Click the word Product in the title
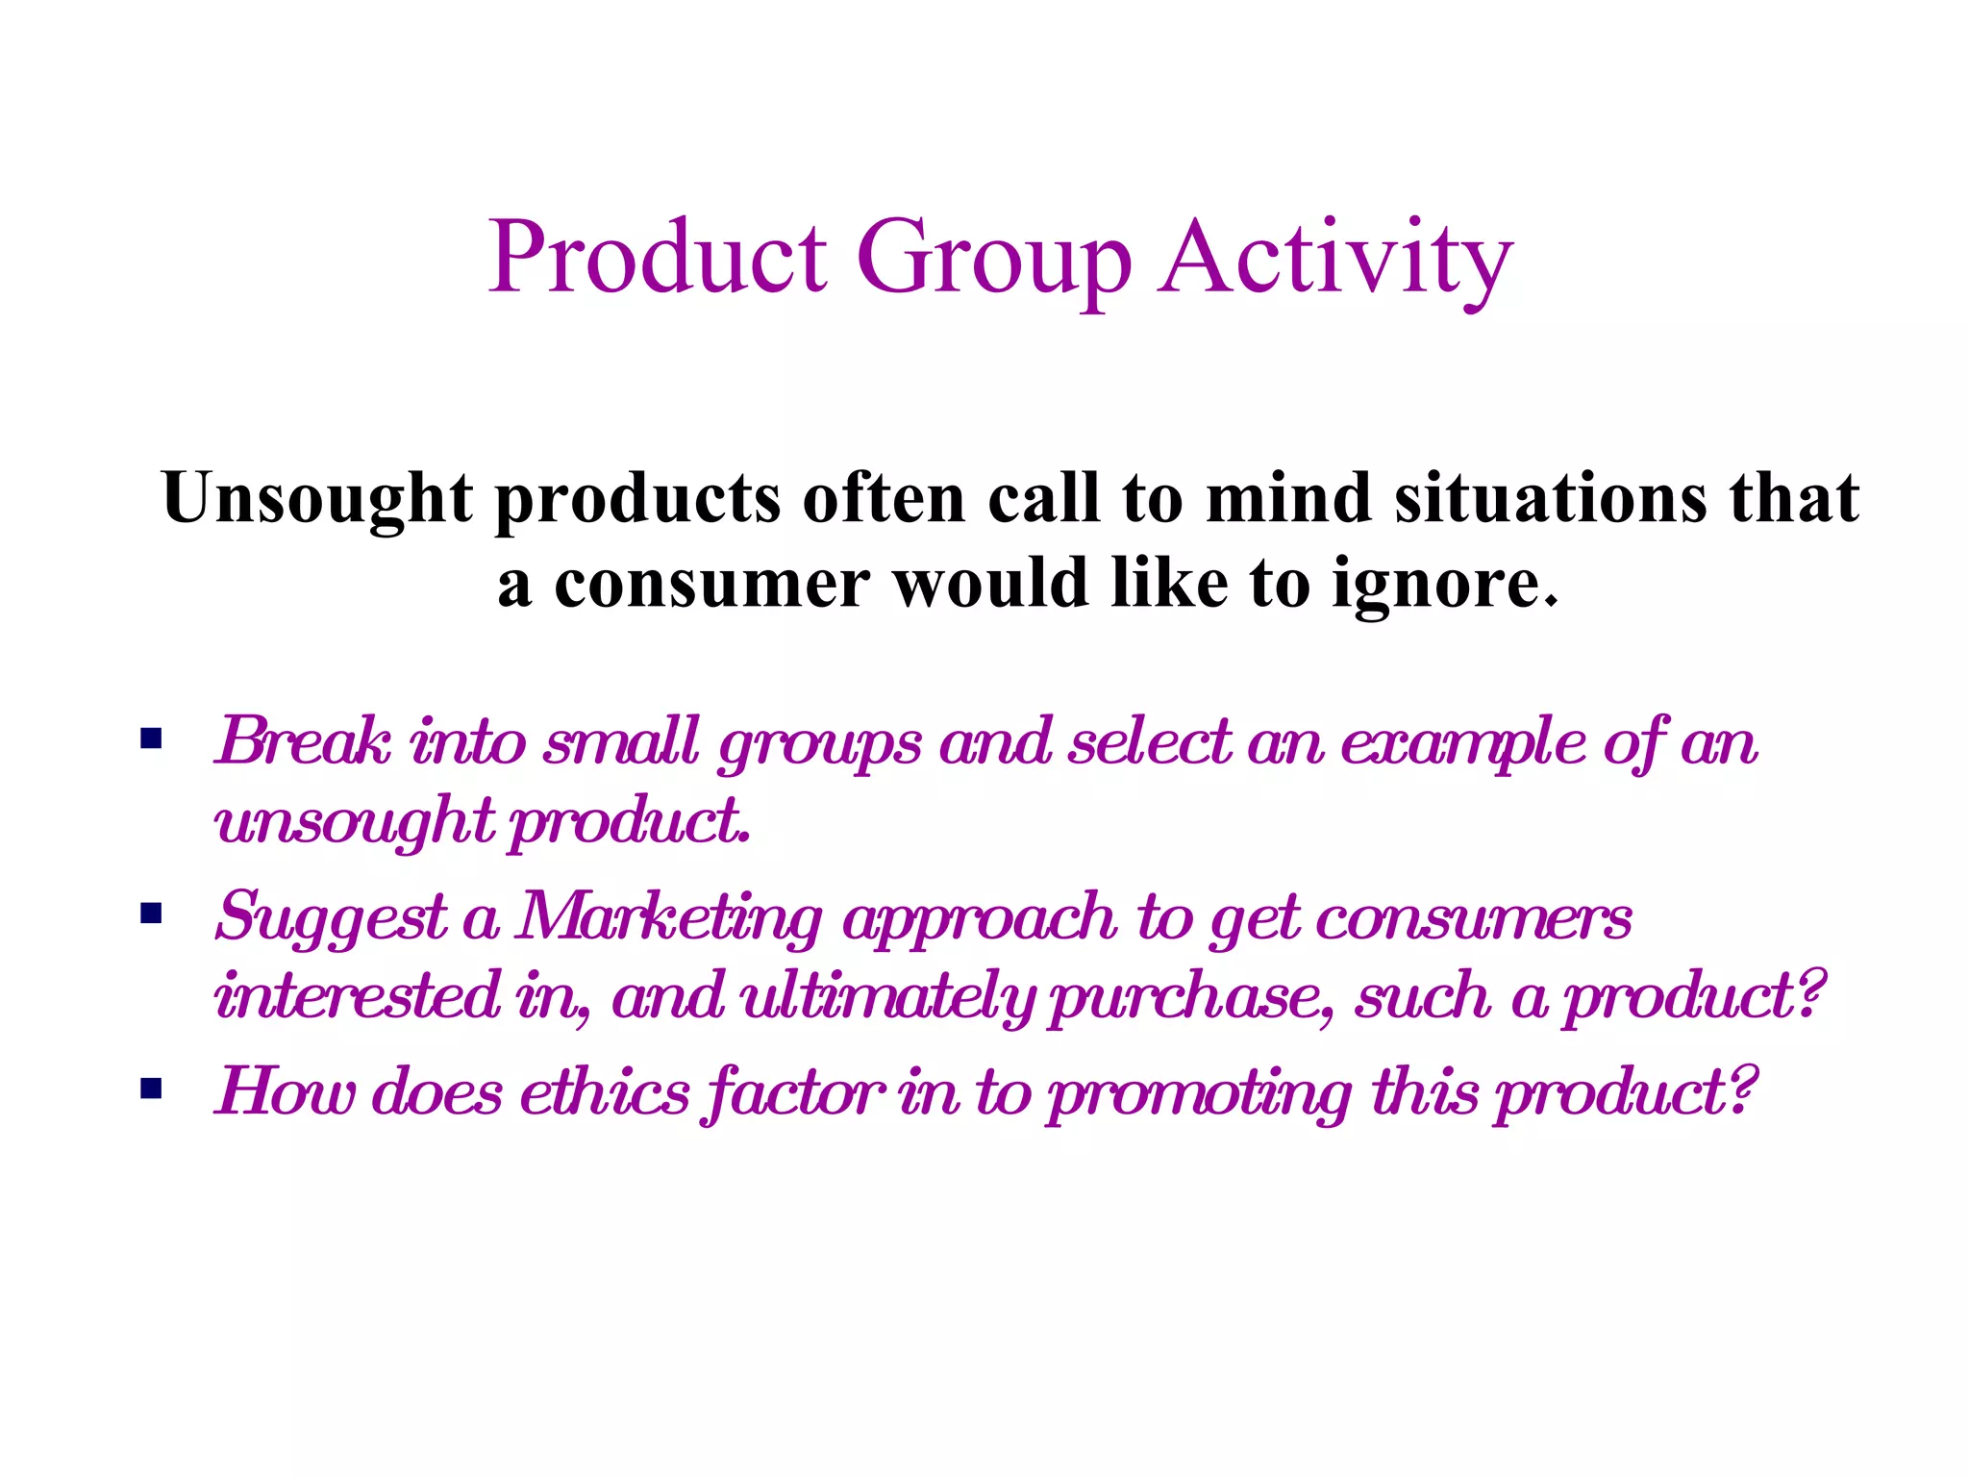pos(658,258)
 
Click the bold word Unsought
pos(317,499)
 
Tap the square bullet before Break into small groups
pos(151,739)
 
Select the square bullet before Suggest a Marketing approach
pos(151,913)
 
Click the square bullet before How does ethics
pos(151,1089)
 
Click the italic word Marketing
pos(669,916)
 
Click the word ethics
pos(605,1092)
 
